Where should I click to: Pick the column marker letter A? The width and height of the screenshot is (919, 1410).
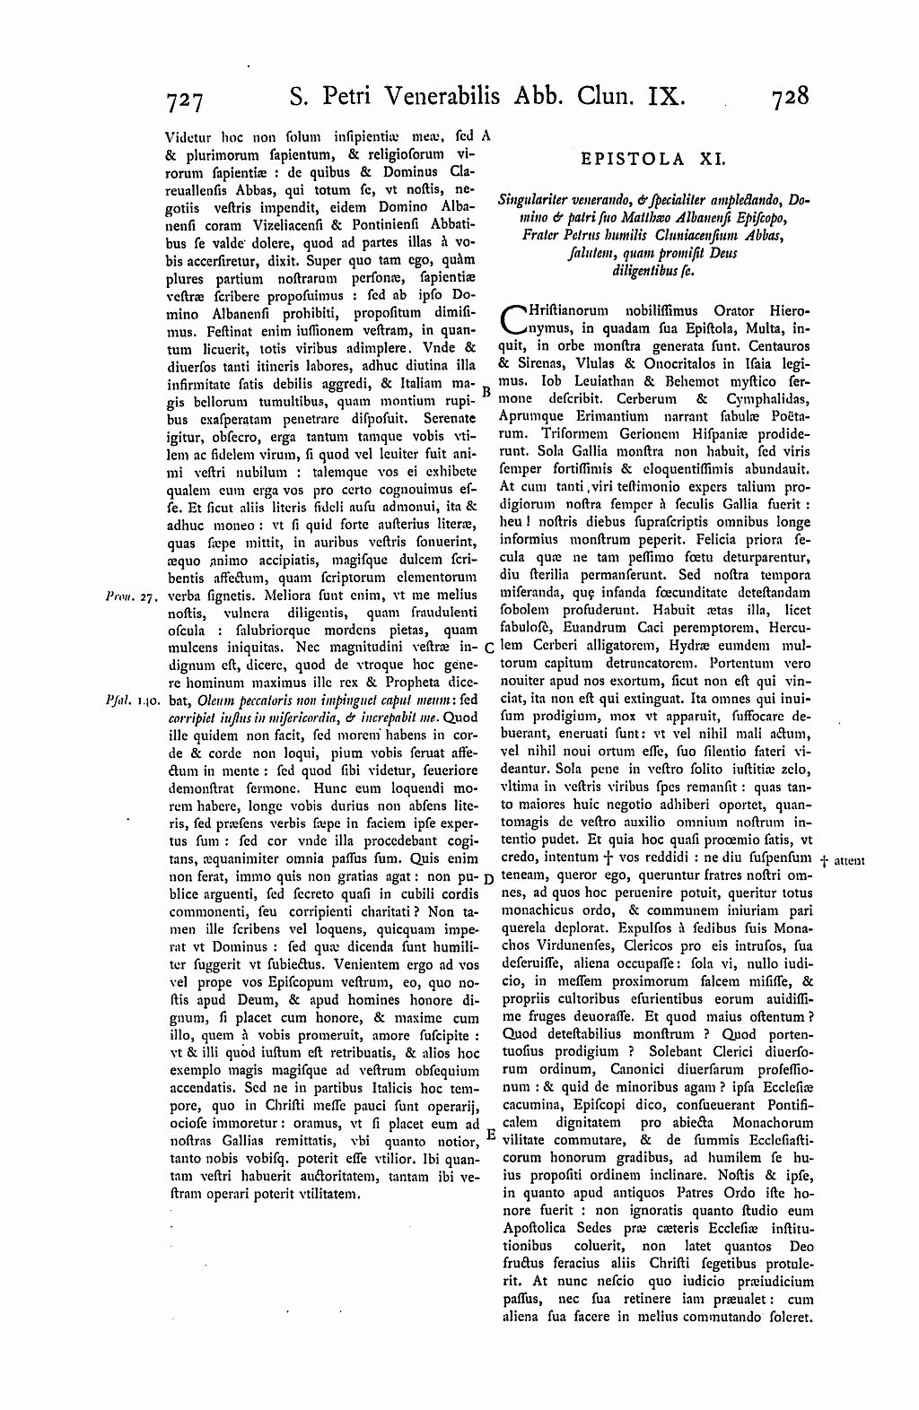(486, 136)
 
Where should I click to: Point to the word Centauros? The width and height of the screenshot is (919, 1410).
(771, 345)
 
